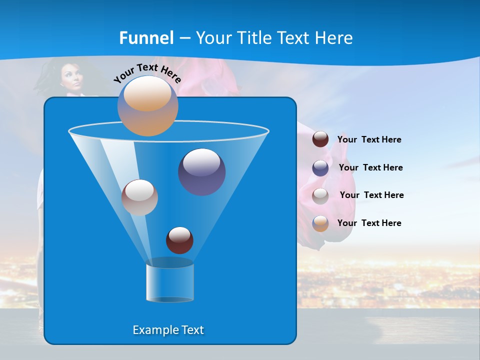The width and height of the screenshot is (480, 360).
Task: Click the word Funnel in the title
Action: coord(146,38)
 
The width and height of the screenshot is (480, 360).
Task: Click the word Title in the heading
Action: coord(253,38)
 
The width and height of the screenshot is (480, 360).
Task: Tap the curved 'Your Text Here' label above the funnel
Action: coord(147,72)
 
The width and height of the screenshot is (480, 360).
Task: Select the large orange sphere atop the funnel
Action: coord(148,106)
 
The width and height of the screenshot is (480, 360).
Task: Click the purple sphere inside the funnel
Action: coord(201,172)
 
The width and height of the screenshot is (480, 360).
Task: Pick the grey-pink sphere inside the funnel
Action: coord(139,197)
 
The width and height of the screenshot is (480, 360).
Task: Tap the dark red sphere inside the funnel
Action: coord(179,240)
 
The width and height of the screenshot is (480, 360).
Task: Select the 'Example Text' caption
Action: coord(168,330)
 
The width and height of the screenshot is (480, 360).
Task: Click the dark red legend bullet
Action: coord(320,139)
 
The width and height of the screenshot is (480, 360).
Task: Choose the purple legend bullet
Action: coord(320,167)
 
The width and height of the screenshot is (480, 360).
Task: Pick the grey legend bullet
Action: coord(320,195)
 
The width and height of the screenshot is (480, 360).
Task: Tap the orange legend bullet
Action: coord(320,223)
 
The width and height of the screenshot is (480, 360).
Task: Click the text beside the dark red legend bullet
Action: coord(369,139)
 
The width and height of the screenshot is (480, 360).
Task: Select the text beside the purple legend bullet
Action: coord(370,167)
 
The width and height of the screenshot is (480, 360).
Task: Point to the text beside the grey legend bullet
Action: coord(371,195)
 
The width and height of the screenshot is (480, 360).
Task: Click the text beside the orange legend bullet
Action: coord(369,223)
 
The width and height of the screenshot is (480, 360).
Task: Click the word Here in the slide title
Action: coord(334,38)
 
